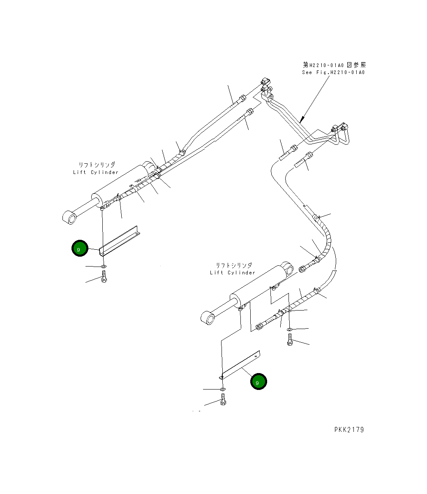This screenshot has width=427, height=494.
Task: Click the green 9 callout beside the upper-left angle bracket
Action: [x=80, y=248]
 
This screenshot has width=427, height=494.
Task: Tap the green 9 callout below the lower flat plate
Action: [x=259, y=382]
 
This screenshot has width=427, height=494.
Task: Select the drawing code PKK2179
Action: [x=349, y=430]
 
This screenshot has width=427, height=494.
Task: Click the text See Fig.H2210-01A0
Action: [x=333, y=72]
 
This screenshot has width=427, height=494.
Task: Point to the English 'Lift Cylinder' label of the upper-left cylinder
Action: [x=96, y=172]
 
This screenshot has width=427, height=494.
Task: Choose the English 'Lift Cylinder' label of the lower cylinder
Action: [x=233, y=273]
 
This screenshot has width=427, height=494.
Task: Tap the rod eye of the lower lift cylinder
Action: [x=207, y=318]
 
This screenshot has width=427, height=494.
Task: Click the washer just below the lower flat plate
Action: [x=222, y=389]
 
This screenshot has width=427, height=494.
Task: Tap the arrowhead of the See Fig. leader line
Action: [x=301, y=121]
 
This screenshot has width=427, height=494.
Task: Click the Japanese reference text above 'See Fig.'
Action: [x=334, y=65]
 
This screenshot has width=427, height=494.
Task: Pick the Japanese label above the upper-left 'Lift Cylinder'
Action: [x=97, y=165]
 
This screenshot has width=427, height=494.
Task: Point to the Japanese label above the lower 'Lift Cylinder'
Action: [x=233, y=265]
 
